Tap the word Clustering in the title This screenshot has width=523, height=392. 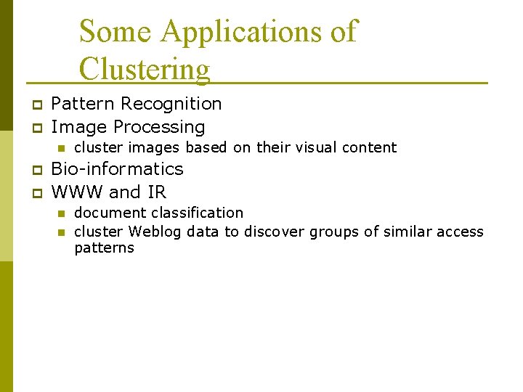pyautogui.click(x=145, y=69)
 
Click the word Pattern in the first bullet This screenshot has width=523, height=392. pyautogui.click(x=83, y=104)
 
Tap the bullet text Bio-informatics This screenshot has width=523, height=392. pyautogui.click(x=117, y=169)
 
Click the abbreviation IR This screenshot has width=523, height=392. pyautogui.click(x=157, y=192)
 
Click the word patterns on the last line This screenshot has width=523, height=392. pyautogui.click(x=104, y=248)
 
